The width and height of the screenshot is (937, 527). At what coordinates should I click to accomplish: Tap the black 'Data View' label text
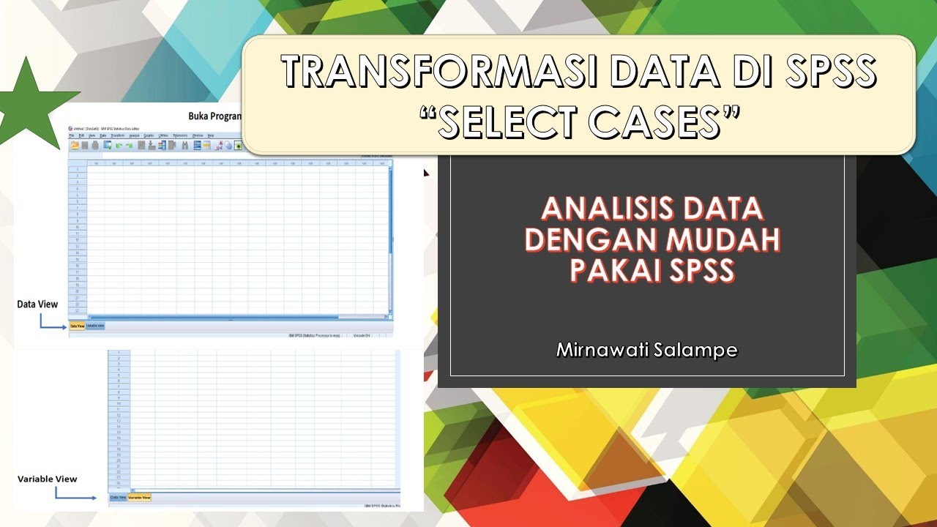point(37,304)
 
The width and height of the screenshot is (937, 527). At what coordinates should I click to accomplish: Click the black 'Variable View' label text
point(47,479)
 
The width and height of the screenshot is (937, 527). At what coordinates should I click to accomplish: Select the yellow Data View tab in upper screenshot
point(77,325)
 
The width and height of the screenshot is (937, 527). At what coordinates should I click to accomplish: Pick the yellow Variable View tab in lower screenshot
point(139,497)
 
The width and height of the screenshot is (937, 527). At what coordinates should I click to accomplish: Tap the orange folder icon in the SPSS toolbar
point(75,145)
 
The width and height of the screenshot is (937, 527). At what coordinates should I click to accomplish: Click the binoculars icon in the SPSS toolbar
point(185,145)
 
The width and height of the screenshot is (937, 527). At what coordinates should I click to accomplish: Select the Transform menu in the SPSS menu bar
point(118,135)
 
